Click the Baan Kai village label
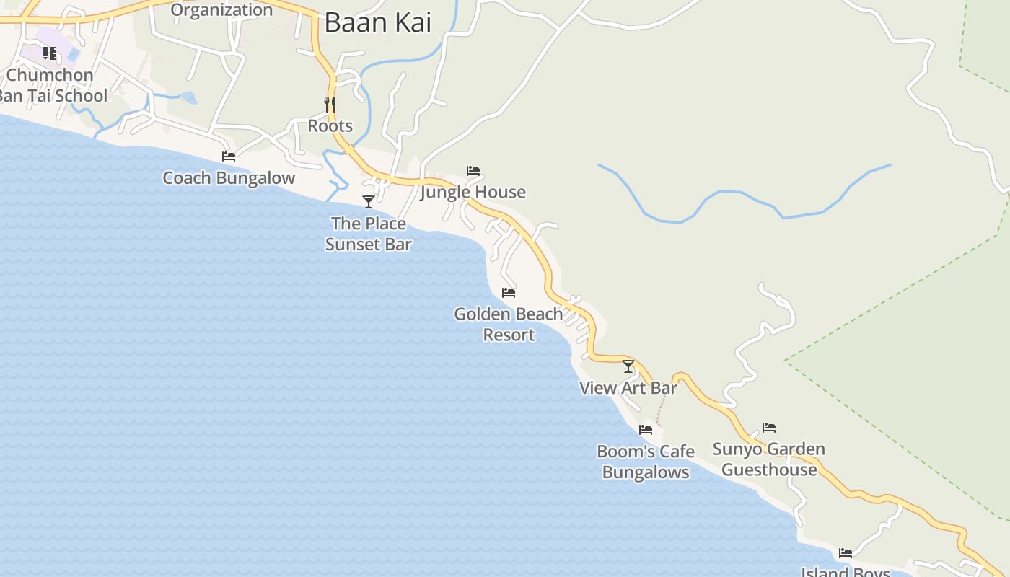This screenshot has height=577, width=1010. pyautogui.click(x=377, y=22)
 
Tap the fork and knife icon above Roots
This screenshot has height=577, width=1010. pyautogui.click(x=330, y=105)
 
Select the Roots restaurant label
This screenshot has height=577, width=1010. pyautogui.click(x=330, y=126)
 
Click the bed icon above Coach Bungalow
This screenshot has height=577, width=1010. pyautogui.click(x=229, y=157)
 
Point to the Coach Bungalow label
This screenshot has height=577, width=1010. pyautogui.click(x=229, y=178)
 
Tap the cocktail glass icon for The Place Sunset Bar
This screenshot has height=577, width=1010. pyautogui.click(x=369, y=202)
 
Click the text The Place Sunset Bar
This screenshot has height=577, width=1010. pyautogui.click(x=369, y=234)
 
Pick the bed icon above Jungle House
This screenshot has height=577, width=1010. pyautogui.click(x=473, y=171)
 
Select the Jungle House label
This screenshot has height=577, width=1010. pyautogui.click(x=473, y=193)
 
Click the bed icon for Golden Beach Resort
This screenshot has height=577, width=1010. pyautogui.click(x=509, y=293)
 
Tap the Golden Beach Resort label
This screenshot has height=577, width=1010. pyautogui.click(x=509, y=325)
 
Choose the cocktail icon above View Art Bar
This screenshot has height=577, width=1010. pyautogui.click(x=628, y=366)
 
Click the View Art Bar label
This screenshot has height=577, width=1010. pyautogui.click(x=628, y=388)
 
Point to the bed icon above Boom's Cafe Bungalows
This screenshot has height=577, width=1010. pyautogui.click(x=646, y=430)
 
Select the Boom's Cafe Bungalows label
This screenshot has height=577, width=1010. pyautogui.click(x=646, y=462)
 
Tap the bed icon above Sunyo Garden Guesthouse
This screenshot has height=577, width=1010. pyautogui.click(x=769, y=428)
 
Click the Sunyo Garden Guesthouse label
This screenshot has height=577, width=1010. pyautogui.click(x=769, y=459)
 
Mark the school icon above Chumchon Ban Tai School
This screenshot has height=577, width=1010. pyautogui.click(x=49, y=53)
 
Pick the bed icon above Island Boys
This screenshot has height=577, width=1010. pyautogui.click(x=846, y=553)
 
